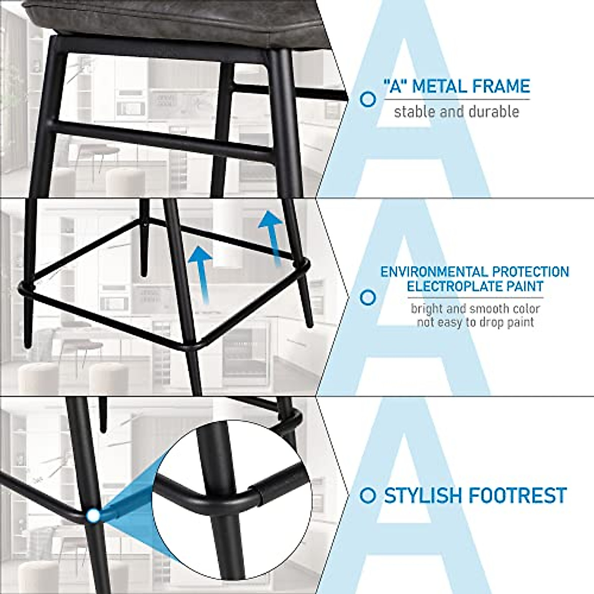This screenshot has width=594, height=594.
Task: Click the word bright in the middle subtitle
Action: tap(427, 309)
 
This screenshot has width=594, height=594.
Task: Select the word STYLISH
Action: tap(429, 495)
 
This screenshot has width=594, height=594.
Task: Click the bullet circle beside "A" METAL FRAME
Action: tap(367, 99)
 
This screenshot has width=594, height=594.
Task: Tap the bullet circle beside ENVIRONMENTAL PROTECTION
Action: tap(367, 297)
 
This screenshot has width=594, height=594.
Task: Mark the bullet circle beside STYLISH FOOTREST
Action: tap(367, 495)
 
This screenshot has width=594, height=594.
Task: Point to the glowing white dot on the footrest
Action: tap(92, 516)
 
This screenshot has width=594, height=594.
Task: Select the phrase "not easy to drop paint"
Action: tap(475, 323)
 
